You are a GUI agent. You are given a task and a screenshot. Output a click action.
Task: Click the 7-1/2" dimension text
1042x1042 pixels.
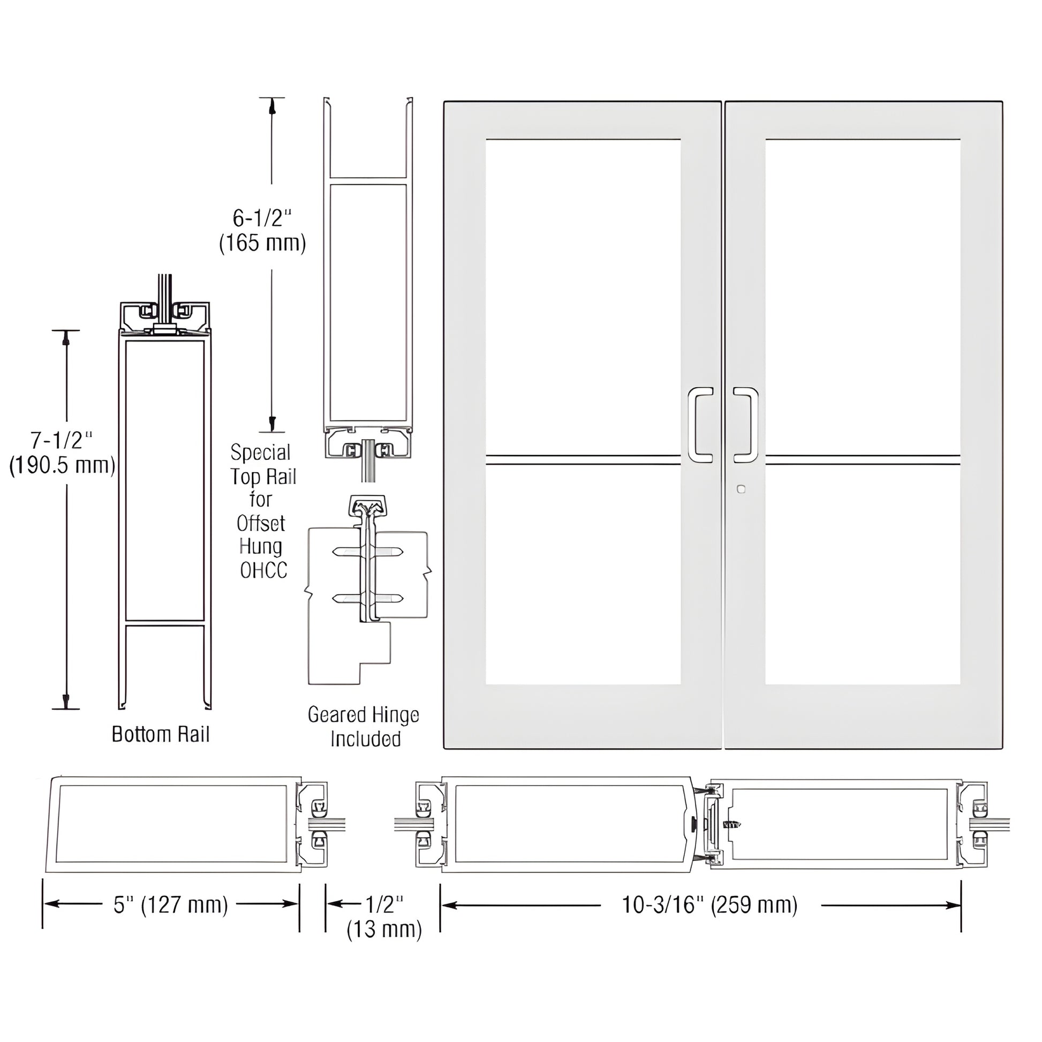pyautogui.click(x=62, y=441)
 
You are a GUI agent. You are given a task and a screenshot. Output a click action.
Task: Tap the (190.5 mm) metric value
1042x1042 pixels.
pyautogui.click(x=63, y=465)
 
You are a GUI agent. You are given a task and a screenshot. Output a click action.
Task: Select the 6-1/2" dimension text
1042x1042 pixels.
pyautogui.click(x=262, y=218)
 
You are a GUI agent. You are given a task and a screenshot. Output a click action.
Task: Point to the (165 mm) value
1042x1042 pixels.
pyautogui.click(x=263, y=243)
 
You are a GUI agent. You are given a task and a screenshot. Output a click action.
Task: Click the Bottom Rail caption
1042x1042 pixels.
pyautogui.click(x=160, y=735)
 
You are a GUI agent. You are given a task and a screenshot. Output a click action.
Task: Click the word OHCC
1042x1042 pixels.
pyautogui.click(x=263, y=570)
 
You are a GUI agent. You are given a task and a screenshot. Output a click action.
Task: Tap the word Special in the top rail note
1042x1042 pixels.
pyautogui.click(x=260, y=452)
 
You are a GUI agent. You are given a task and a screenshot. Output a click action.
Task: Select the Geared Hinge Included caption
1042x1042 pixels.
pyautogui.click(x=364, y=727)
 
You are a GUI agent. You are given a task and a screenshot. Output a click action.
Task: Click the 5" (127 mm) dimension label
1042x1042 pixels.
pyautogui.click(x=170, y=904)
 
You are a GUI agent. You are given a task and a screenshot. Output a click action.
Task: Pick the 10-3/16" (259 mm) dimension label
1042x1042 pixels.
pyautogui.click(x=710, y=904)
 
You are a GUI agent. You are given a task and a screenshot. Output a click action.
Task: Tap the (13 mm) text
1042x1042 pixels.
pyautogui.click(x=384, y=929)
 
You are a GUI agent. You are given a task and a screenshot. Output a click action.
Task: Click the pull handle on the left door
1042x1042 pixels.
pyautogui.click(x=700, y=425)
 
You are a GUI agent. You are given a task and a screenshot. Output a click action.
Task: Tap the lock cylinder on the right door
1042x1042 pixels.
pyautogui.click(x=741, y=489)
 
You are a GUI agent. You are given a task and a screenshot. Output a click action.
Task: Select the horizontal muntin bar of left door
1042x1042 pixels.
pyautogui.click(x=583, y=459)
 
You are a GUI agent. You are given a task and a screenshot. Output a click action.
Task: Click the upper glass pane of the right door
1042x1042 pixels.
pyautogui.click(x=863, y=297)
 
